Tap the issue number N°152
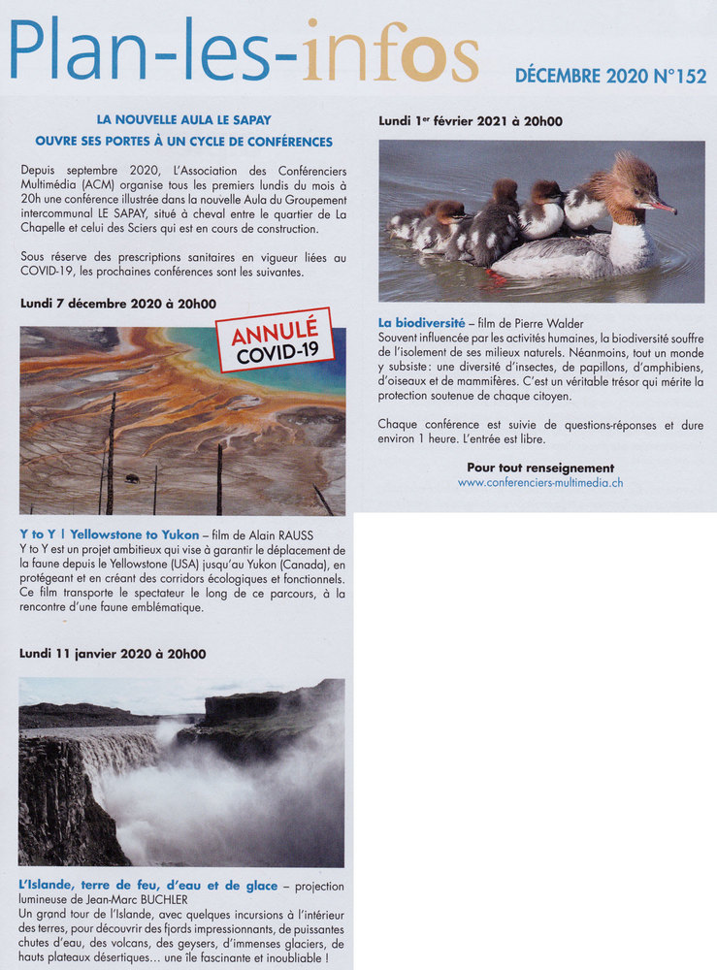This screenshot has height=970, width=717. coord(681,76)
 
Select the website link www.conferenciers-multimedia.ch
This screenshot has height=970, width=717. coord(540,482)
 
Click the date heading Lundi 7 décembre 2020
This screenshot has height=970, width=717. coord(118,304)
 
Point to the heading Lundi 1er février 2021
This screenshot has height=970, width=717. coord(471,121)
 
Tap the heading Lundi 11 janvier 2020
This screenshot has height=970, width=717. coord(113,654)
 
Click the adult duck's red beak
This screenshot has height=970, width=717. coord(662,206)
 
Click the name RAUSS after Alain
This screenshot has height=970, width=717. coord(293,535)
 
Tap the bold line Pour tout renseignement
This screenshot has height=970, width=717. coord(540,468)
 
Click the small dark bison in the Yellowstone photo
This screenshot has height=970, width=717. coord(131,478)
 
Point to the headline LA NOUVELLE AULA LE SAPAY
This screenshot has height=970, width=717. coord(183,119)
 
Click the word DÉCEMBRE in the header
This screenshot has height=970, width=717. coord(558,76)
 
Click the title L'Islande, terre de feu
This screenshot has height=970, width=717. coord(147,886)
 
